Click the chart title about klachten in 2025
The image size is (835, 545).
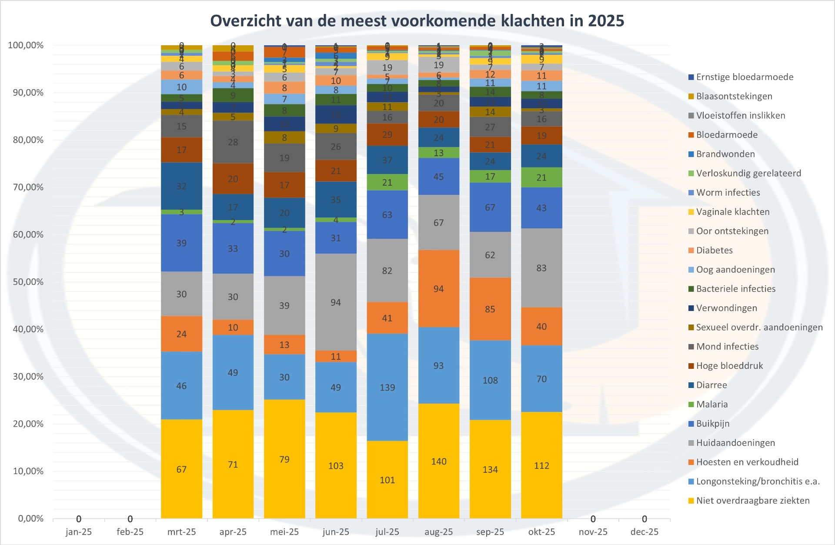coord(417,21)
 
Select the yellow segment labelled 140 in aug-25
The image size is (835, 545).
coord(438,461)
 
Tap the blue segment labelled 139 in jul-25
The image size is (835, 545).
coord(387,387)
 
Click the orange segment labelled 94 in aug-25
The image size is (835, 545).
coord(438,289)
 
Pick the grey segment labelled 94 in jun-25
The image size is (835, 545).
coord(336,302)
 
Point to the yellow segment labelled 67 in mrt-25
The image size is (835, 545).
coord(181,469)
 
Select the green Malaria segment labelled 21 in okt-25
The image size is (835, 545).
coord(541,177)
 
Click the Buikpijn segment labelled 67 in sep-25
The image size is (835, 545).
coord(490,207)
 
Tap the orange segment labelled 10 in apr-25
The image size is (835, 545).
coord(233,327)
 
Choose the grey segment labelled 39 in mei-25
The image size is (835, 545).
coord(284,305)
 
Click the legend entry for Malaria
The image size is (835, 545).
coord(711,404)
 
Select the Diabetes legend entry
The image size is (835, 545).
coord(714,250)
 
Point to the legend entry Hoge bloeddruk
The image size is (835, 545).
coord(729,366)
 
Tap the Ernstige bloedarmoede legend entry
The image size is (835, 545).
coord(744,77)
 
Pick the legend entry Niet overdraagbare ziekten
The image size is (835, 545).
coord(752,501)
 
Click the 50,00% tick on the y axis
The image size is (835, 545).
coord(28,282)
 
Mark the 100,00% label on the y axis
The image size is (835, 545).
coord(26,45)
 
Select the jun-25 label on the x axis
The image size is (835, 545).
coord(336,532)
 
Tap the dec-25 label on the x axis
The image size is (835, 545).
coord(644,532)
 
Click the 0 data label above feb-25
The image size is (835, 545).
coord(130,519)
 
